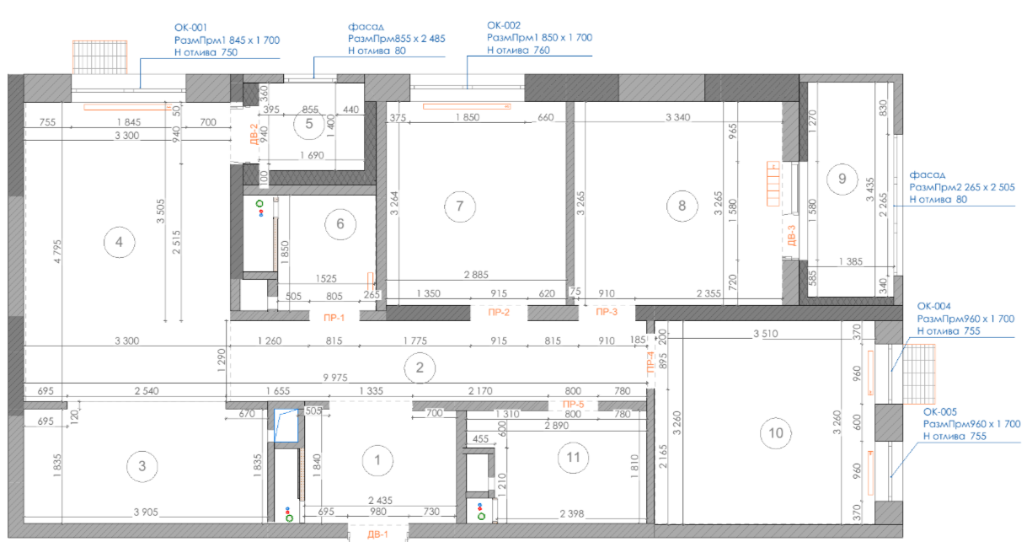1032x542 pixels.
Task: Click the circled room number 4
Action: click(120, 242)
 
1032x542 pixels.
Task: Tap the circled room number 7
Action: click(460, 206)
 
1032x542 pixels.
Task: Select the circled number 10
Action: click(776, 433)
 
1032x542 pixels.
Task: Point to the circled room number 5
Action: click(309, 124)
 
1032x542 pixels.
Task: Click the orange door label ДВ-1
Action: click(377, 534)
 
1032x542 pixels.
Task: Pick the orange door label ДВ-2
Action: click(254, 134)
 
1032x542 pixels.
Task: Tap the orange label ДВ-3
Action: click(792, 235)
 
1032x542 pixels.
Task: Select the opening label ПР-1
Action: click(334, 318)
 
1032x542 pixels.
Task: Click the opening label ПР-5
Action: click(573, 405)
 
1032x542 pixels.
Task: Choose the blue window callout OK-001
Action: click(190, 28)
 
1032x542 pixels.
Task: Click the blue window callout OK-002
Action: click(504, 25)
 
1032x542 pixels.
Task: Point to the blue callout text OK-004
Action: click(934, 306)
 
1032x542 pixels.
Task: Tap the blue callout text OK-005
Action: click(940, 411)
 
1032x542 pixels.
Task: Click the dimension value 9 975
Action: click(335, 378)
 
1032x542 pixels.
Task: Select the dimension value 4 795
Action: click(57, 251)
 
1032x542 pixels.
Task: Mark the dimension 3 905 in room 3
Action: click(146, 512)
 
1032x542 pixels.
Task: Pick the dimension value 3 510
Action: click(766, 333)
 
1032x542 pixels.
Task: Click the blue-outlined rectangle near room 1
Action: click(286, 426)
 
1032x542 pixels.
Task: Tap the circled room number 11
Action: click(573, 458)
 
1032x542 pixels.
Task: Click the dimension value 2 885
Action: click(476, 275)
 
